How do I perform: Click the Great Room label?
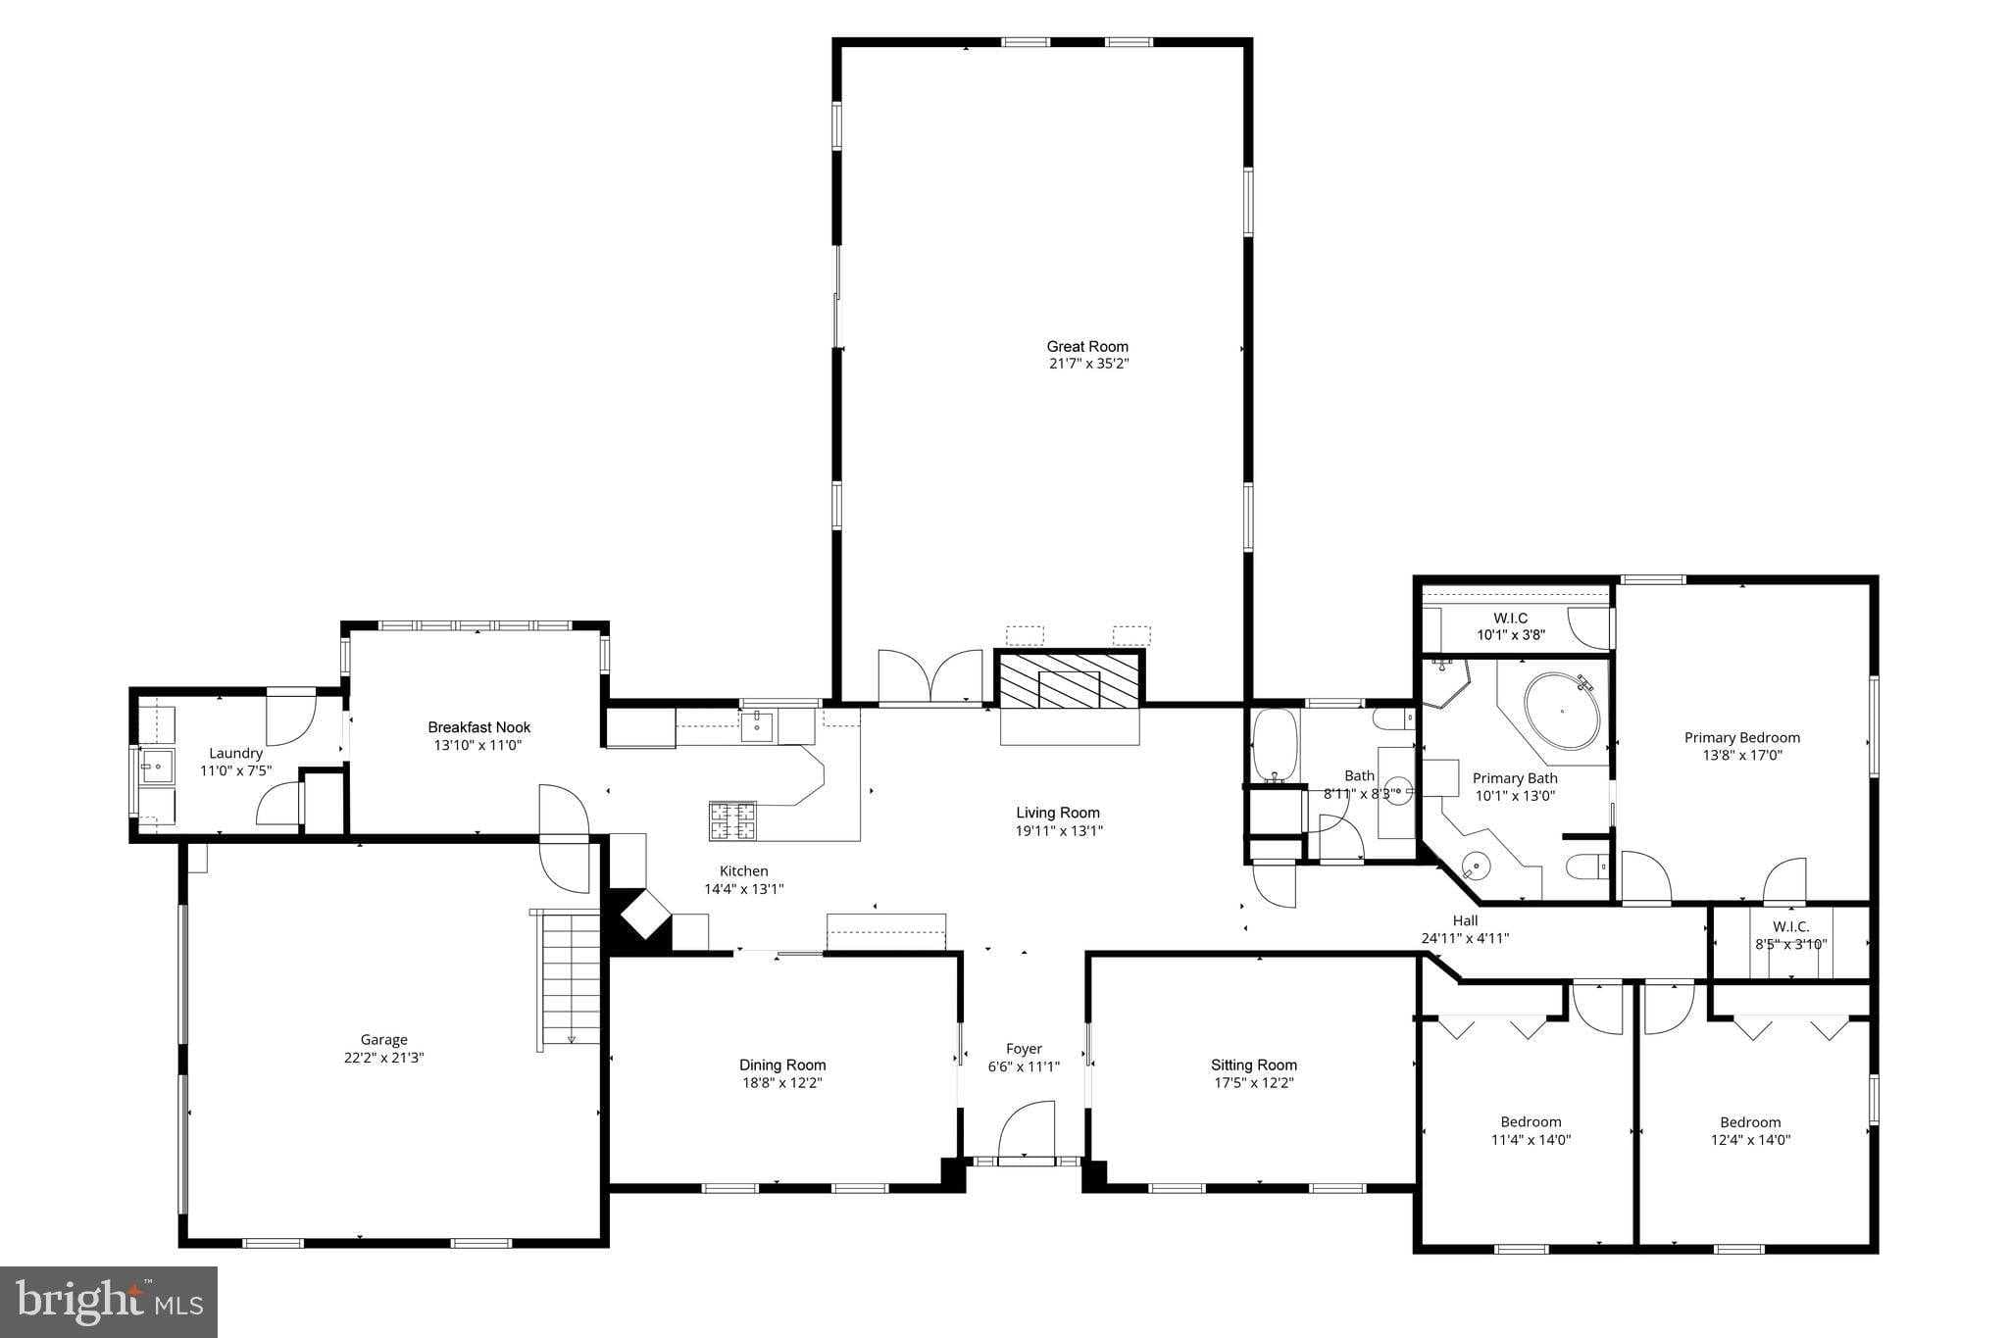pyautogui.click(x=1087, y=346)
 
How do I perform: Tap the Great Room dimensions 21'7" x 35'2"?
pyautogui.click(x=1087, y=364)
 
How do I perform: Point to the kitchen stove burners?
pyautogui.click(x=732, y=820)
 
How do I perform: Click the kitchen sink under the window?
pyautogui.click(x=756, y=726)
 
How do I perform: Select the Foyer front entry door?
pyautogui.click(x=1026, y=1136)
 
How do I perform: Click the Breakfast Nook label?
pyautogui.click(x=478, y=727)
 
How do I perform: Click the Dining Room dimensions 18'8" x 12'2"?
pyautogui.click(x=781, y=1083)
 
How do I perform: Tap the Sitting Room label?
pyautogui.click(x=1253, y=1065)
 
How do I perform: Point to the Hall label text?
pyautogui.click(x=1465, y=920)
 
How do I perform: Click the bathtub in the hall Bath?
pyautogui.click(x=1274, y=747)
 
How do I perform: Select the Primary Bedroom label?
pyautogui.click(x=1741, y=738)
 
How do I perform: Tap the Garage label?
pyautogui.click(x=383, y=1040)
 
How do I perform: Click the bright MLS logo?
pyautogui.click(x=109, y=1301)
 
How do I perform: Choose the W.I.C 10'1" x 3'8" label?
pyautogui.click(x=1510, y=625)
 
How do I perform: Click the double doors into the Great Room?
pyautogui.click(x=930, y=677)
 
